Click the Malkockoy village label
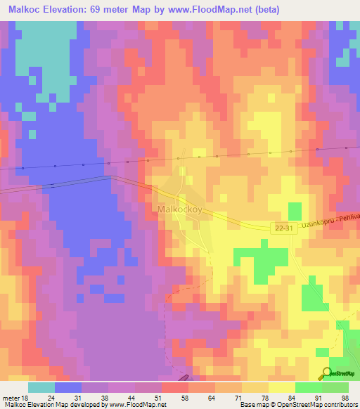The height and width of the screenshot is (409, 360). [179, 209]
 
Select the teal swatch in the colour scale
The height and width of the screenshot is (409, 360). [41, 387]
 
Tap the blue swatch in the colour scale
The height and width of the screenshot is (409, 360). [68, 387]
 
